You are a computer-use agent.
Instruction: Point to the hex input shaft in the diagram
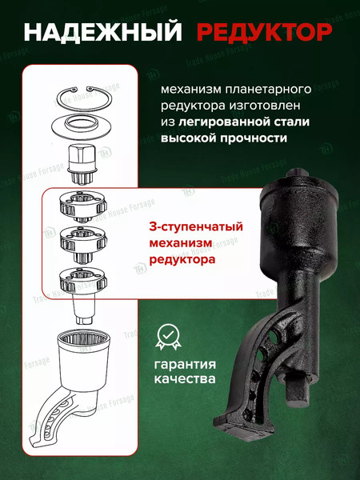[x=85, y=161]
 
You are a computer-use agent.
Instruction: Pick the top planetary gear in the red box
[x=86, y=209]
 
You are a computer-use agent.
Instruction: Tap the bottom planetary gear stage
[x=86, y=279]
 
